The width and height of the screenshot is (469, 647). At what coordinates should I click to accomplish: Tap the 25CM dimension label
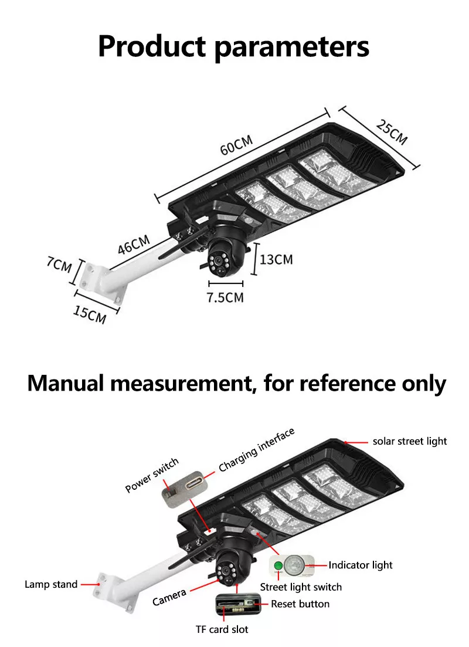click(x=391, y=132)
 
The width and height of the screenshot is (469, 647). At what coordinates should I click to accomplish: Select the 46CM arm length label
click(x=134, y=245)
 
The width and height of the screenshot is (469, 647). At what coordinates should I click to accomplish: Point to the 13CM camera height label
click(x=276, y=259)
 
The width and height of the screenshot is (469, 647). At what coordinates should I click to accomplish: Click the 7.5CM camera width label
click(x=225, y=297)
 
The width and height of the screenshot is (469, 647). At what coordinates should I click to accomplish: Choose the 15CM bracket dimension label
click(x=89, y=314)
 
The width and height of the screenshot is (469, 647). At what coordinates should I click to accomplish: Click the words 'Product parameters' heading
click(x=234, y=46)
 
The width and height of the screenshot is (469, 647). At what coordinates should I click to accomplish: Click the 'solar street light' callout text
click(x=410, y=441)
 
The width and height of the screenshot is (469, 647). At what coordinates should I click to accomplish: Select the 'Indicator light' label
click(x=360, y=565)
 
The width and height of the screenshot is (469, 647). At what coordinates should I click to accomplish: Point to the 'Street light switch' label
click(x=301, y=587)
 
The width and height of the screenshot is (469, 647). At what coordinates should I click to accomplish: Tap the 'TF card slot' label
click(x=222, y=629)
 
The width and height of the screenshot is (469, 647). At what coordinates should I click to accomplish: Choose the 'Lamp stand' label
click(x=51, y=584)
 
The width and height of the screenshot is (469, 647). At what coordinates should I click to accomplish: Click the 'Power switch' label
click(x=152, y=476)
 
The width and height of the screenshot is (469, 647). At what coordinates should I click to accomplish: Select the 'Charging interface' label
click(x=256, y=450)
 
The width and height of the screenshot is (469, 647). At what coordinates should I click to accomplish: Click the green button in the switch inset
click(x=279, y=567)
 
